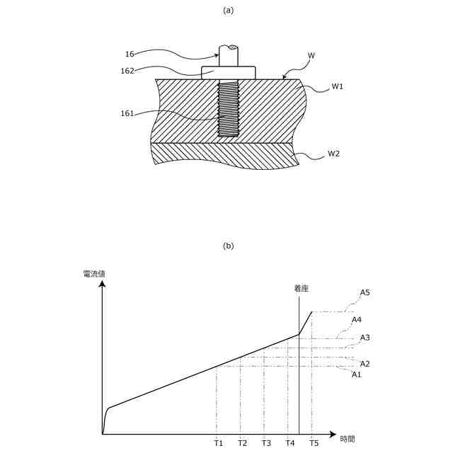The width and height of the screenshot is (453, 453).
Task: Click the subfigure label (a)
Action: [x=228, y=10]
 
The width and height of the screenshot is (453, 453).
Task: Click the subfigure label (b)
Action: [x=228, y=246]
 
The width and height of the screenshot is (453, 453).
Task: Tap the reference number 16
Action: [x=130, y=54]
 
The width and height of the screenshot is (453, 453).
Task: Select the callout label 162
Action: [x=127, y=70]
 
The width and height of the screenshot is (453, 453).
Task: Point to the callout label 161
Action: [x=127, y=113]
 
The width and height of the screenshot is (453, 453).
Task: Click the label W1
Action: [x=338, y=86]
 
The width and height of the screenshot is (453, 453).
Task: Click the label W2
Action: [x=333, y=154]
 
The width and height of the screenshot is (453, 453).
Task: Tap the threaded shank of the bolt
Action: [x=228, y=110]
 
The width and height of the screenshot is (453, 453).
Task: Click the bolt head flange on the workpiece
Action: [x=228, y=72]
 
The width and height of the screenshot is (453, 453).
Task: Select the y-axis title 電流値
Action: [x=94, y=273]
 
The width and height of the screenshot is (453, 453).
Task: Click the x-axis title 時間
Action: [x=347, y=439]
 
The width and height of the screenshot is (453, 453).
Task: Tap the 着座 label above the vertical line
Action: [x=302, y=288]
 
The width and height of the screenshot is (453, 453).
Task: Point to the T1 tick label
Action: [x=218, y=443]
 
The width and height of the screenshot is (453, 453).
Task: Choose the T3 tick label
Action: [x=266, y=443]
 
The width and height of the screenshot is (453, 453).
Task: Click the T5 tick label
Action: [x=314, y=443]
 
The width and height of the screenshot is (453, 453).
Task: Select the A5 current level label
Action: [x=365, y=292]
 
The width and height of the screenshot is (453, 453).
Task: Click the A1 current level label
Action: [x=357, y=374]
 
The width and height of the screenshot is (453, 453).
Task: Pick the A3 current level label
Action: [x=365, y=338]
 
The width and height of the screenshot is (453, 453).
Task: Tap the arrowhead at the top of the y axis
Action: [x=103, y=285]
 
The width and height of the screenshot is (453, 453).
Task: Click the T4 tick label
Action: [x=290, y=443]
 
